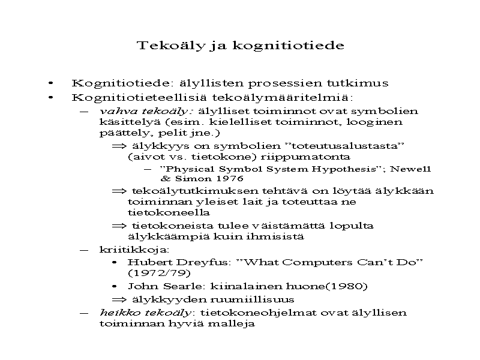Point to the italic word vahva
pyautogui.click(x=113, y=111)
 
